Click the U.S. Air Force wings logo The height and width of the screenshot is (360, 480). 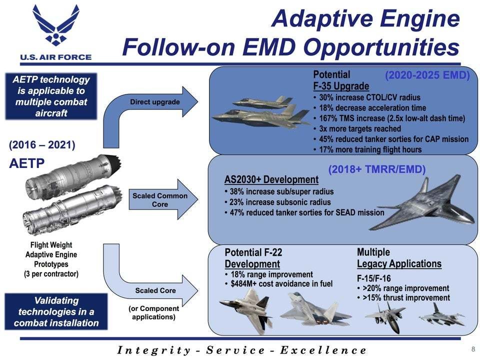(x=55, y=25)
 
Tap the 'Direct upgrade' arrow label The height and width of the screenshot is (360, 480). (x=155, y=102)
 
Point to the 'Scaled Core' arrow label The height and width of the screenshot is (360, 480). (x=155, y=290)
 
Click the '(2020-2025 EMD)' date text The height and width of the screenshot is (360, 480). (x=427, y=75)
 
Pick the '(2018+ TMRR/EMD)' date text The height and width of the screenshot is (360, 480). (x=377, y=169)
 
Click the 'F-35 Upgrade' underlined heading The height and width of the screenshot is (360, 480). (x=341, y=86)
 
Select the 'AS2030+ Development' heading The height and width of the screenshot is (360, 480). (x=271, y=179)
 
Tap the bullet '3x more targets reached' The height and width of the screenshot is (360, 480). (x=360, y=128)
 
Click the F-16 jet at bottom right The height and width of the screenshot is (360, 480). (x=442, y=315)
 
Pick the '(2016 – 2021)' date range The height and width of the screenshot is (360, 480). (x=42, y=145)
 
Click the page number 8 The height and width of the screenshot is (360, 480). (x=473, y=349)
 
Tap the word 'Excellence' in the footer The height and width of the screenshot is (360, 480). (x=323, y=350)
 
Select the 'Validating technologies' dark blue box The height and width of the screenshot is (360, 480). (x=56, y=311)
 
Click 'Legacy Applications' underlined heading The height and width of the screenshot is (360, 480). (x=399, y=264)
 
